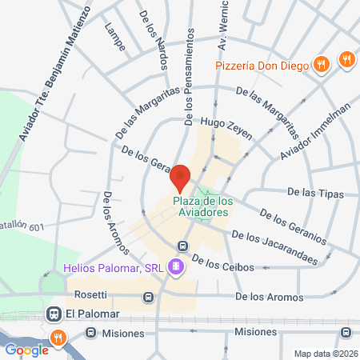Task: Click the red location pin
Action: (x=182, y=176)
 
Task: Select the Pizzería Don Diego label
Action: (x=261, y=66)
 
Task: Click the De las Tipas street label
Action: (x=314, y=192)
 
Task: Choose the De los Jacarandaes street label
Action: (x=274, y=246)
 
